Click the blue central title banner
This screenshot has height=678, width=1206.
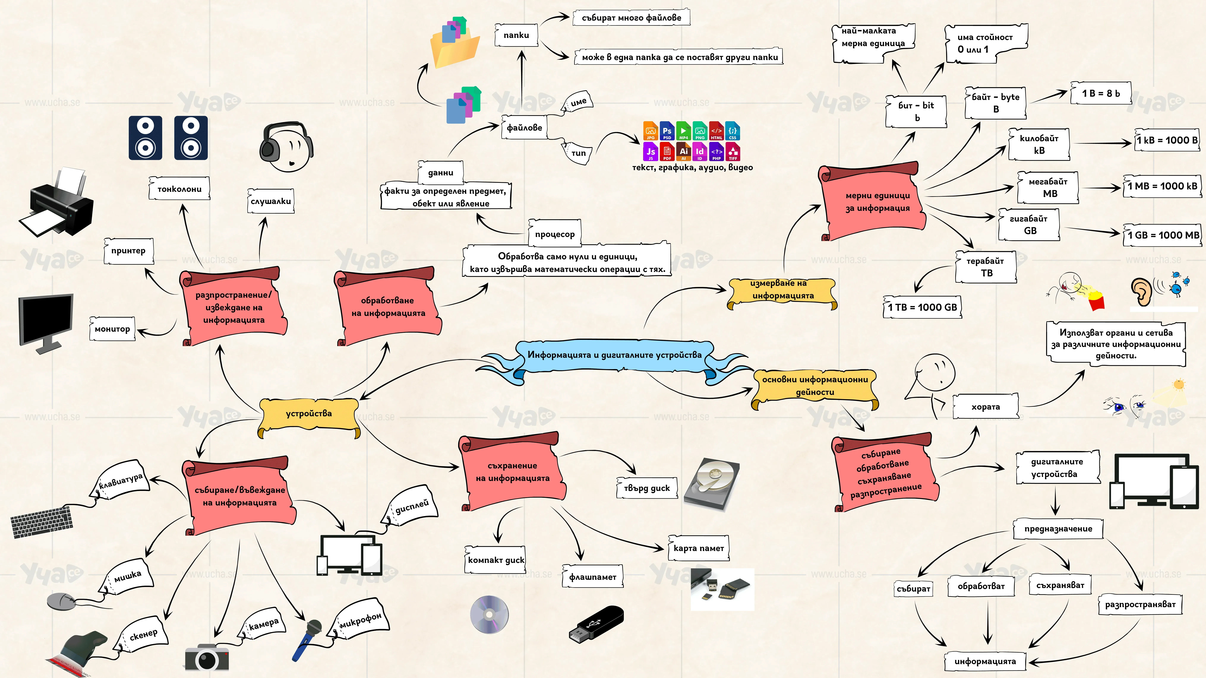(x=614, y=356)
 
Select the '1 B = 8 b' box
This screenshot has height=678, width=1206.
(x=1101, y=94)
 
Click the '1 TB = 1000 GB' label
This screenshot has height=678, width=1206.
(x=922, y=307)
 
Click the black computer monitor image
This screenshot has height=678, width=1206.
(x=46, y=323)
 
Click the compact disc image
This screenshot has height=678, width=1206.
(x=489, y=614)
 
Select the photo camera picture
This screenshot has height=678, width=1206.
(x=207, y=657)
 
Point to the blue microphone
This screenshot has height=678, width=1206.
(x=307, y=640)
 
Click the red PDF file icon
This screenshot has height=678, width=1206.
(x=667, y=152)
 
